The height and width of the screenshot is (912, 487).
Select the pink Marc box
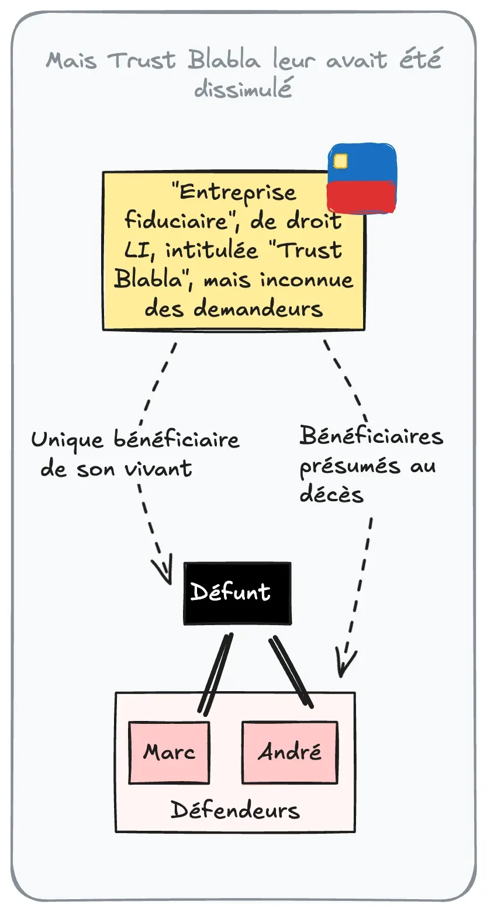(169, 752)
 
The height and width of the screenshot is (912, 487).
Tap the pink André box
(289, 752)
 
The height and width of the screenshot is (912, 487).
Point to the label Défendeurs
(235, 810)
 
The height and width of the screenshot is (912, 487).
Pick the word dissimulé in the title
(243, 89)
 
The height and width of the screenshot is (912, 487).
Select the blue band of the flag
(368, 162)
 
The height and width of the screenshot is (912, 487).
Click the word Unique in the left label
(67, 439)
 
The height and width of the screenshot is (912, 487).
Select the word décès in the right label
(331, 494)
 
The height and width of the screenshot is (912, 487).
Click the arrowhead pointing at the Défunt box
(163, 571)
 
